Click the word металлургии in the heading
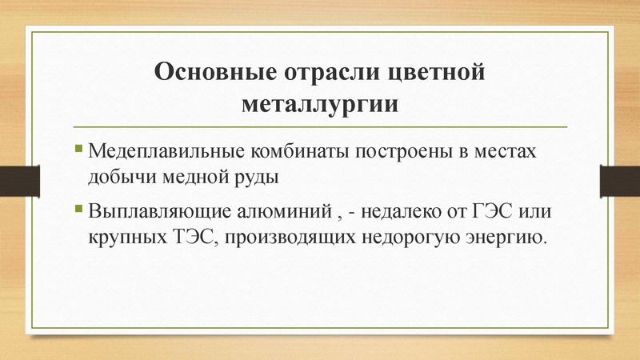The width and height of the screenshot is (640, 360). click(319, 104)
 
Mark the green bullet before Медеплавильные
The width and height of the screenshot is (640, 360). click(78, 149)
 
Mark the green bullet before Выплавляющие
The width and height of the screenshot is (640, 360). click(78, 211)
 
